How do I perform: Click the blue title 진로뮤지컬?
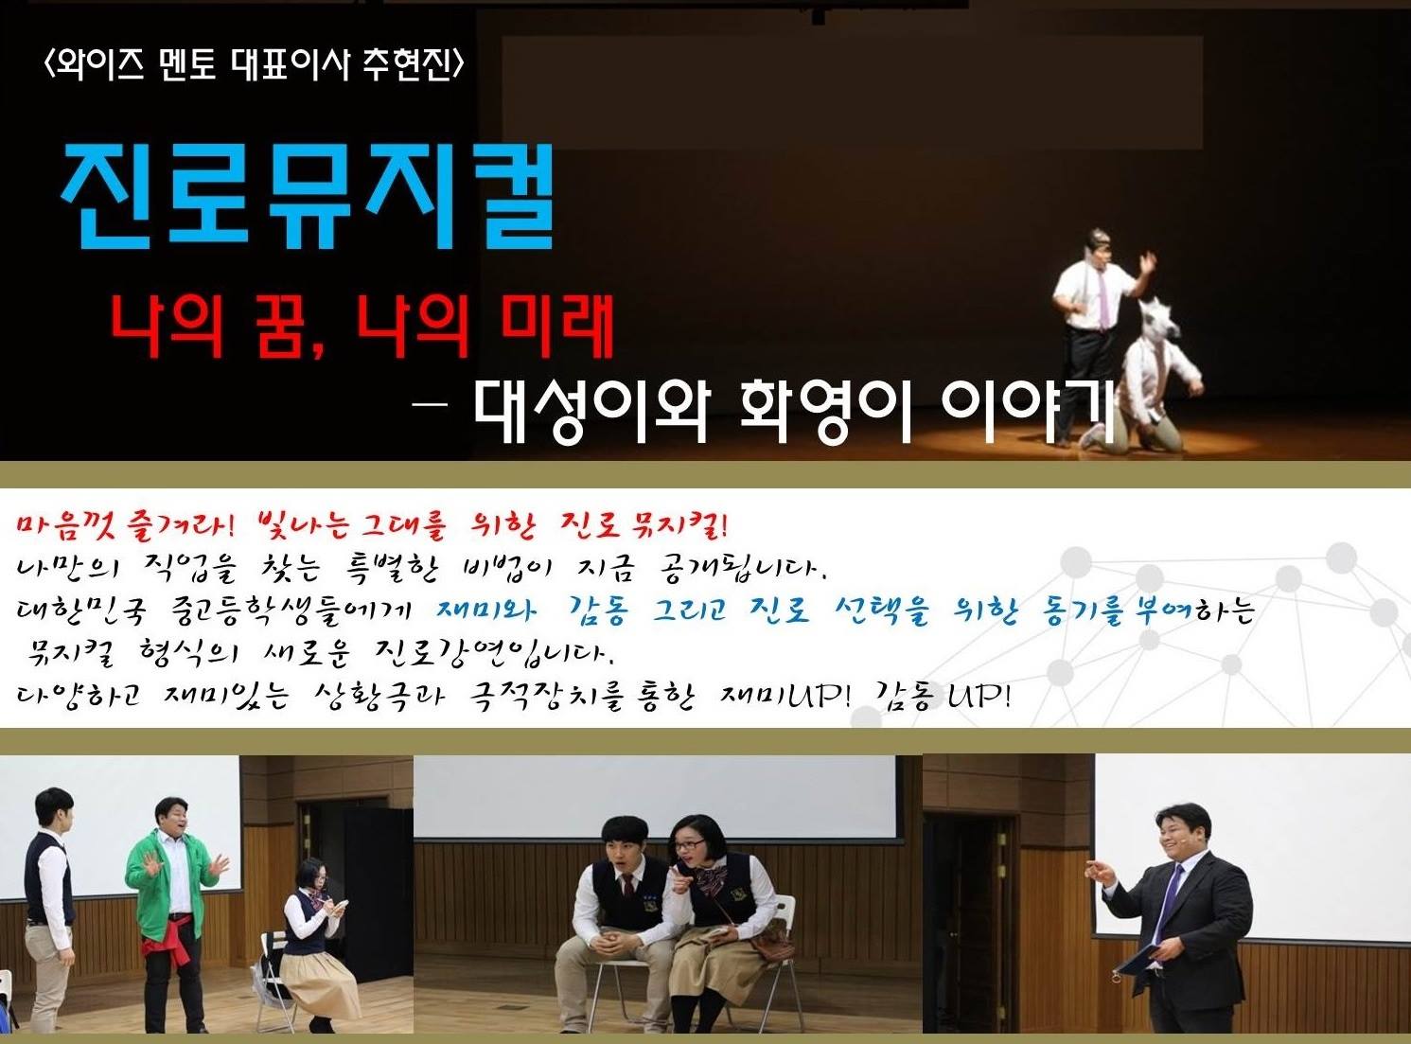coord(308,197)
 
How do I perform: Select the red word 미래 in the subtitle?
coord(556,327)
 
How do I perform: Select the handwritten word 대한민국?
coord(81,611)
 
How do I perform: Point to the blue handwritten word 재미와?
coord(486,610)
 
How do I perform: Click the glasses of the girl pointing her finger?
coord(690,845)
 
